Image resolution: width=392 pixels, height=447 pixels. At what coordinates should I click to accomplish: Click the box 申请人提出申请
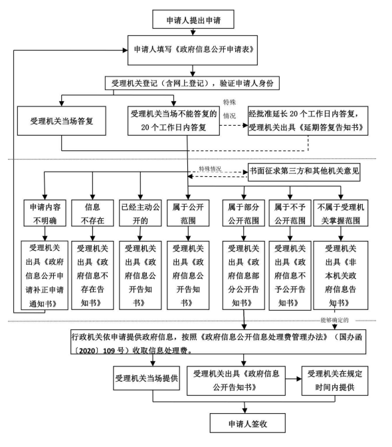point(193,19)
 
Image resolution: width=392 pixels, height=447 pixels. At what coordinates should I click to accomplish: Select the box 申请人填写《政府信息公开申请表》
point(193,50)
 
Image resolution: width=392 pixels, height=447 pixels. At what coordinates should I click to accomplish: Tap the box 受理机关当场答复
point(62,121)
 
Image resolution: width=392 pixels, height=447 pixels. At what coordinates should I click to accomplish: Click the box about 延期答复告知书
point(308,121)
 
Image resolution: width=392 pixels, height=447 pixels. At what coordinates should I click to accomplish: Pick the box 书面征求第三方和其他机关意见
point(304,172)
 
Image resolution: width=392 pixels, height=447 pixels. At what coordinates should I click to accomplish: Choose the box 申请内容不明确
point(45,214)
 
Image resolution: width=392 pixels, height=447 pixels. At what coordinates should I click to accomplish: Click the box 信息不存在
point(92,214)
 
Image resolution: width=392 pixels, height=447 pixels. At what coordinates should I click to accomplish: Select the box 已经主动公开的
point(140,214)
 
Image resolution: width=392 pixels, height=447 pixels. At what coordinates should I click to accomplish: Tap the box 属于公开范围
point(188,214)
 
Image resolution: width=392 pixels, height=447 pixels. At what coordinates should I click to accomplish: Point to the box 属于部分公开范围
point(244,214)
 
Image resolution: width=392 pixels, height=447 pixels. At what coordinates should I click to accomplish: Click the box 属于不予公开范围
point(290,214)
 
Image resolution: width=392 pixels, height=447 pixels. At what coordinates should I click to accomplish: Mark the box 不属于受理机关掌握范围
point(341,214)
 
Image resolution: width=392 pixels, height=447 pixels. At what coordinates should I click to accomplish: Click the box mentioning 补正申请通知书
point(45,275)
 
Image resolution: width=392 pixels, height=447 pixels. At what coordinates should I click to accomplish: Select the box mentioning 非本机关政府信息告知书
point(341,275)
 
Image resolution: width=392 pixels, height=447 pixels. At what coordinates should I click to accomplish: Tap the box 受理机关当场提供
point(147,378)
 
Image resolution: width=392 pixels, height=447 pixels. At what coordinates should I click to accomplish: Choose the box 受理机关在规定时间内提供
point(335,381)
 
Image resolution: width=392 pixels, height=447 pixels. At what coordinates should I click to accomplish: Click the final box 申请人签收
point(248,423)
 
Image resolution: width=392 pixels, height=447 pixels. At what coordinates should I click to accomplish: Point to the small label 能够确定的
point(334,320)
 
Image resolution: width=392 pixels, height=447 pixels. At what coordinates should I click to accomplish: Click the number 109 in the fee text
point(108,351)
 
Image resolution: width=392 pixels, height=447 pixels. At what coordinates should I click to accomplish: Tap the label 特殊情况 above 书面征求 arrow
point(210,169)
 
